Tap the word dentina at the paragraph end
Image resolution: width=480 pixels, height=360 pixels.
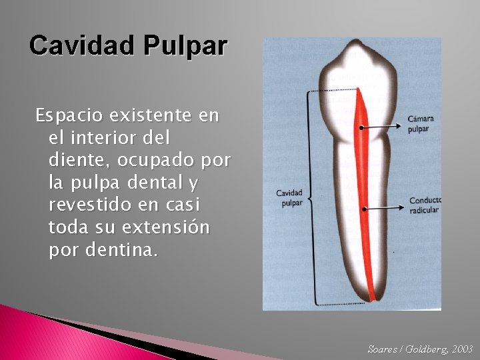click(x=129, y=251)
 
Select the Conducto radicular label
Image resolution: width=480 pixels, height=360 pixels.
click(x=424, y=205)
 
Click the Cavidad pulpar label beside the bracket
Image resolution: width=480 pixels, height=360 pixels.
click(x=290, y=198)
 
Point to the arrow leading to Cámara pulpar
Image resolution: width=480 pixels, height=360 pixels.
click(x=383, y=125)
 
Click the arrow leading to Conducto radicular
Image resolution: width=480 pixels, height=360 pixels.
click(x=383, y=209)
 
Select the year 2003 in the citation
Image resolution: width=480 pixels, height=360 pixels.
click(x=461, y=349)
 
